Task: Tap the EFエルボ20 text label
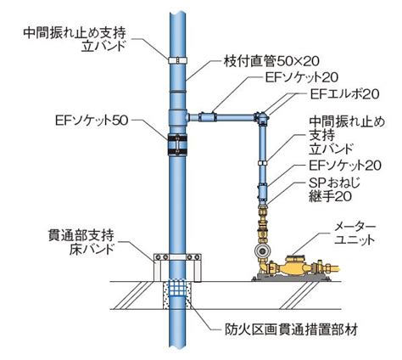[344, 94]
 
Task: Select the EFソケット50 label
[92, 121]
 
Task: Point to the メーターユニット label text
[355, 233]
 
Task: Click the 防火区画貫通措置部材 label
[292, 329]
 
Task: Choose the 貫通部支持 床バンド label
[81, 243]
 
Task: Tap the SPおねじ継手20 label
[334, 189]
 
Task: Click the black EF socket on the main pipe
[177, 145]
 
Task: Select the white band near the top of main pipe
[177, 60]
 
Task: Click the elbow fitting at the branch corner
[261, 118]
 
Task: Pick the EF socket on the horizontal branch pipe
[207, 117]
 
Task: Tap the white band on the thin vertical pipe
[263, 163]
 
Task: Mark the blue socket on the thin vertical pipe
[263, 192]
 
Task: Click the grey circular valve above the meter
[263, 251]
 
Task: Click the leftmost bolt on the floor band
[159, 257]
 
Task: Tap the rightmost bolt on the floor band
[197, 257]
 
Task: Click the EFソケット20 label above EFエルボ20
[302, 77]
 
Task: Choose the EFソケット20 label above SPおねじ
[345, 166]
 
